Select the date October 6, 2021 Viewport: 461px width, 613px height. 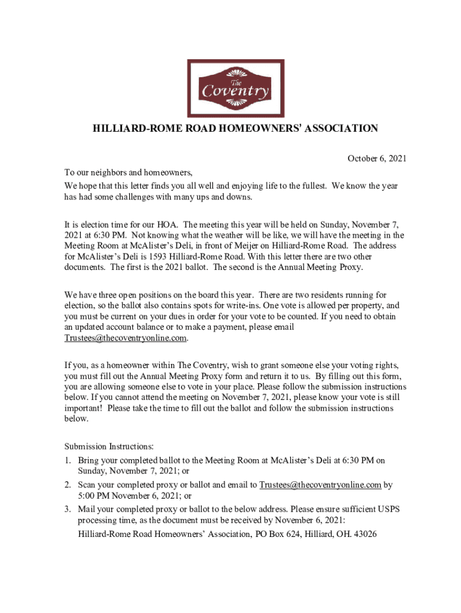377,159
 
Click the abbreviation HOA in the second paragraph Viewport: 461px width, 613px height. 167,226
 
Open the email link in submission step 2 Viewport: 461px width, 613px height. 320,485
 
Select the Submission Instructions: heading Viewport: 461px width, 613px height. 109,447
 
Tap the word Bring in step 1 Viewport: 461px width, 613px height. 89,460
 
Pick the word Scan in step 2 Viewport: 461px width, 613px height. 87,485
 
